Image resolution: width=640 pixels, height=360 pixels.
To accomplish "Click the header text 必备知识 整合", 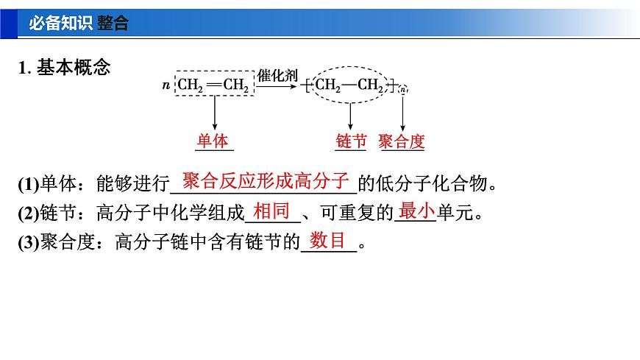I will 78,23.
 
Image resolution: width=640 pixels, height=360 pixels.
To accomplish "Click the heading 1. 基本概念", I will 65,68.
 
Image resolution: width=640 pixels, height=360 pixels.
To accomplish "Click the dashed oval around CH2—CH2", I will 350,85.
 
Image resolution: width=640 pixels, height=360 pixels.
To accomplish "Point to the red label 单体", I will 213,141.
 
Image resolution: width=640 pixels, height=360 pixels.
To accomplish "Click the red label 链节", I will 351,141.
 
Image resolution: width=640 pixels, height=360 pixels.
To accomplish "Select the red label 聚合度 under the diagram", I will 402,141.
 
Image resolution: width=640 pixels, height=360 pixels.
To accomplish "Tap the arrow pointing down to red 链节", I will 350,115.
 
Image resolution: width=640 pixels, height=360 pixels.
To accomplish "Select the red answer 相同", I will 271,212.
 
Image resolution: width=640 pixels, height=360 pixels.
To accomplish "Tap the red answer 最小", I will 416,212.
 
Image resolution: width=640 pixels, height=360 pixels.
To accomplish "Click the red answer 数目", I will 328,240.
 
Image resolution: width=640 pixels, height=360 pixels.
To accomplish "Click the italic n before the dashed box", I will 166,86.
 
